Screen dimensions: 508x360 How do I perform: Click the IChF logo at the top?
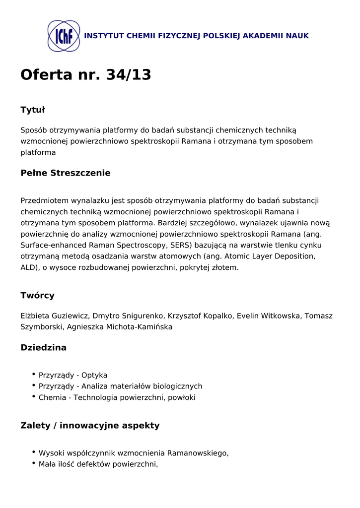pos(64,36)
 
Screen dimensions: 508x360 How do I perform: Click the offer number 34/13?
pos(129,74)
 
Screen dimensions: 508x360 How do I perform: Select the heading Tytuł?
pos(33,110)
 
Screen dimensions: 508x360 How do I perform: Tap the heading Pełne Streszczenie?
pos(66,173)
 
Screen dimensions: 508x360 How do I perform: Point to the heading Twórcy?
pos(38,295)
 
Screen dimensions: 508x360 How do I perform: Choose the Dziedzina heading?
pos(44,347)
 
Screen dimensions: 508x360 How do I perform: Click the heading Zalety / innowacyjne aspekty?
pos(90,425)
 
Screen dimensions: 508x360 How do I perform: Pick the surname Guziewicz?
pos(70,316)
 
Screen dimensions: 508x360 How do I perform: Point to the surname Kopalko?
pos(216,316)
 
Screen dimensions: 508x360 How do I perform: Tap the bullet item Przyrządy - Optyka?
pos(73,375)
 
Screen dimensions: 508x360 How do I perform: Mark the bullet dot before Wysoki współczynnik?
pos(33,452)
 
